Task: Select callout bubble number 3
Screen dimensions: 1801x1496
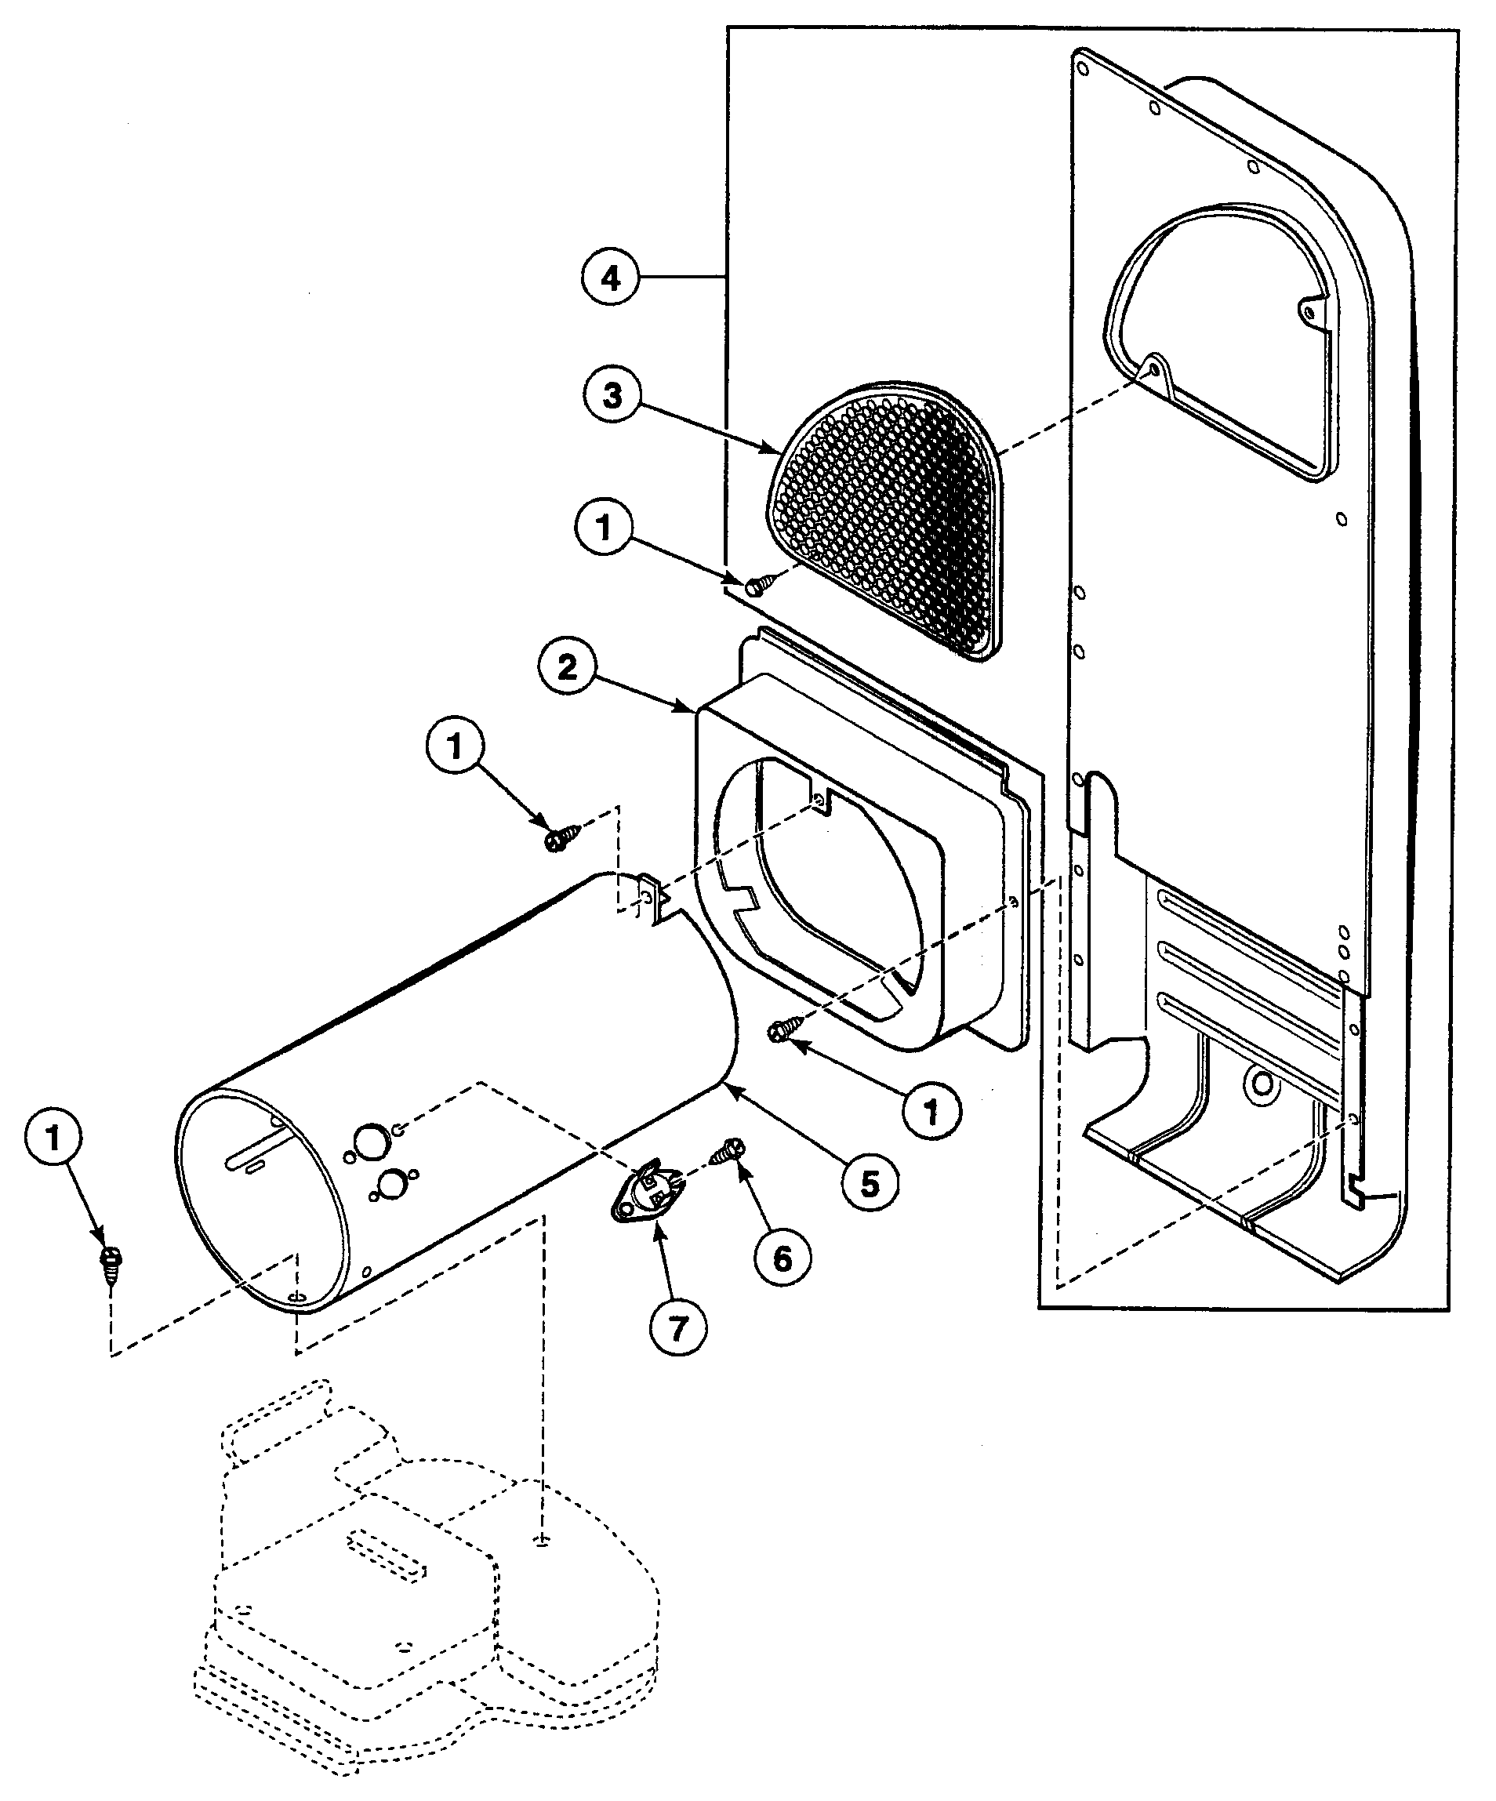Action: coord(612,397)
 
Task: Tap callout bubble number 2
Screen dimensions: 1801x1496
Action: coord(568,667)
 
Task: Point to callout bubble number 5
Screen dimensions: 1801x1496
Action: coord(870,1185)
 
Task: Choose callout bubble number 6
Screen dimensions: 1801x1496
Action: coord(782,1258)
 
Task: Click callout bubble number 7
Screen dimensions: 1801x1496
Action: coord(677,1328)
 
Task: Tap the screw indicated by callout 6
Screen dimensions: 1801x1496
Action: coord(728,1151)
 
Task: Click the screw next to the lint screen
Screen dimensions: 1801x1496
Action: coord(757,585)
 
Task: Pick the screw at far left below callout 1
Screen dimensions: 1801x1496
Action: coord(111,1263)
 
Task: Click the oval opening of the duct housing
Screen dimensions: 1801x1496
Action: coord(823,892)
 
